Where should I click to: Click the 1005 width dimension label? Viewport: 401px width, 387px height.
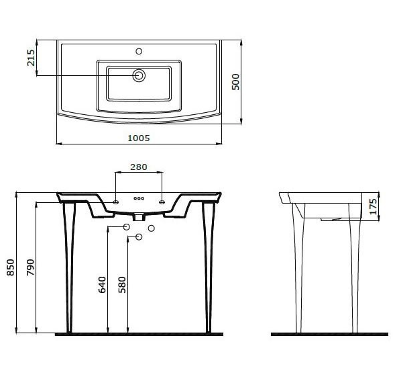(139, 138)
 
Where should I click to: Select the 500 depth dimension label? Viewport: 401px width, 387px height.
(235, 82)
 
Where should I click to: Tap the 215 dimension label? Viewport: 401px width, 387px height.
(31, 58)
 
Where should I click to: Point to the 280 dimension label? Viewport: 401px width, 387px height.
(139, 167)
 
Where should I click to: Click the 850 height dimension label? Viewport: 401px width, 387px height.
(11, 267)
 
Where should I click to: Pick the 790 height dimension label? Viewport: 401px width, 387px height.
(30, 267)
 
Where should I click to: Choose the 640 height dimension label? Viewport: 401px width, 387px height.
(102, 284)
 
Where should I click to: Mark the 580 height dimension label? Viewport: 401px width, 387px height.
(122, 284)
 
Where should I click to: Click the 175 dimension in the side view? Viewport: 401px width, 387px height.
(374, 206)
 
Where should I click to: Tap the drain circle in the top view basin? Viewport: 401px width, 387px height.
(139, 76)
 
